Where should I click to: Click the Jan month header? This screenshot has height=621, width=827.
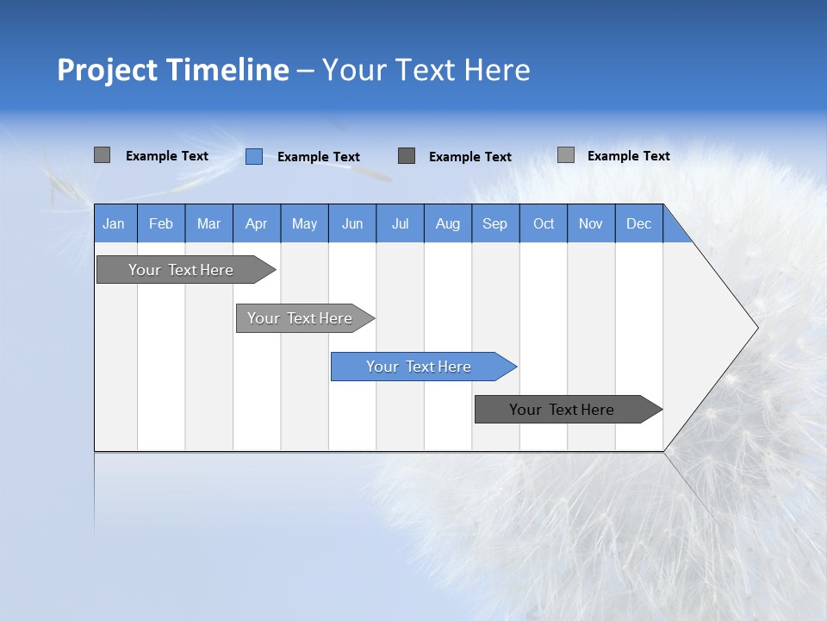[x=115, y=223]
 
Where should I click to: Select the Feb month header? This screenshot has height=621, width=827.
[x=161, y=223]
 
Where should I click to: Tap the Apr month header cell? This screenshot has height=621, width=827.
[x=257, y=223]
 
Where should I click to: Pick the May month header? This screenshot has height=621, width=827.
[x=304, y=223]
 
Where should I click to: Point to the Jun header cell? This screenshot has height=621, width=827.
[x=352, y=223]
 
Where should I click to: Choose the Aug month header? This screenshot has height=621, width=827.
[x=448, y=223]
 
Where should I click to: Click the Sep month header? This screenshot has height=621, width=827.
[x=495, y=223]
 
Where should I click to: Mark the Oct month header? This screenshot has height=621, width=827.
[x=544, y=223]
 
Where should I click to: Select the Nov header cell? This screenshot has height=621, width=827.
[x=591, y=223]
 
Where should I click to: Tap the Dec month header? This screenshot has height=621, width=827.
[x=639, y=223]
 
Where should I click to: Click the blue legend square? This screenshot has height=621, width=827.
[x=254, y=156]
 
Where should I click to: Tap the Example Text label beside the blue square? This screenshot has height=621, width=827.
[x=318, y=157]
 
